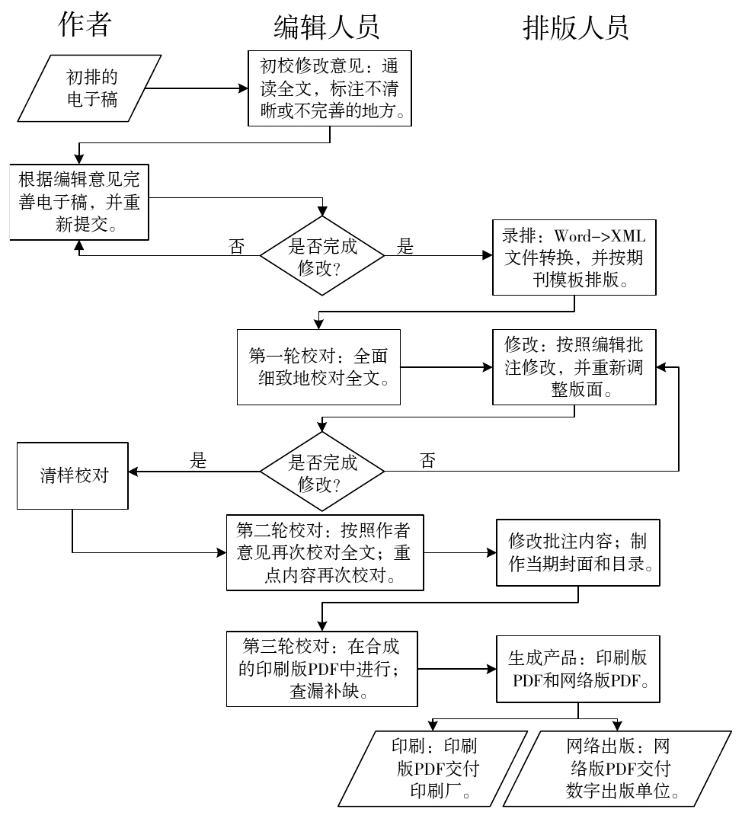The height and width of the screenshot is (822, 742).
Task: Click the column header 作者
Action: [85, 25]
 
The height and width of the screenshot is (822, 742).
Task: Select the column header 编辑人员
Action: [326, 28]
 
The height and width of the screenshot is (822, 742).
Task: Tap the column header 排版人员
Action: [575, 28]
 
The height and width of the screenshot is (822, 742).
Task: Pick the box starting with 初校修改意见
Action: [330, 88]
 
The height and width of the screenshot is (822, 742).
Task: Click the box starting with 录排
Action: [574, 257]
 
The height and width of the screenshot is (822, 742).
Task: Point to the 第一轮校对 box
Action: [318, 366]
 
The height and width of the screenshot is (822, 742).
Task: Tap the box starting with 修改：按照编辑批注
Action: [574, 367]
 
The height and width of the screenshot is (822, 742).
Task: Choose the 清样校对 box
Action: [73, 476]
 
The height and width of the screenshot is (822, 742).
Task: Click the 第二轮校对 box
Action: [325, 552]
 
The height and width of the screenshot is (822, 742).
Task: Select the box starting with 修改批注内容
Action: [577, 552]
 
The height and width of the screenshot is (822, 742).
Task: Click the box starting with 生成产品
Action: [577, 668]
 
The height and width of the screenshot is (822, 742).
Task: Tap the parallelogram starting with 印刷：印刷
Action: [433, 768]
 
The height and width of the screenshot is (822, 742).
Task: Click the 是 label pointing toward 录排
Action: [406, 246]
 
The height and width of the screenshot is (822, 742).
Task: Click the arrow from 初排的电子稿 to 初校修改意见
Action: [197, 88]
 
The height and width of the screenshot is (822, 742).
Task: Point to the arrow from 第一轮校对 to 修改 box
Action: [446, 367]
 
